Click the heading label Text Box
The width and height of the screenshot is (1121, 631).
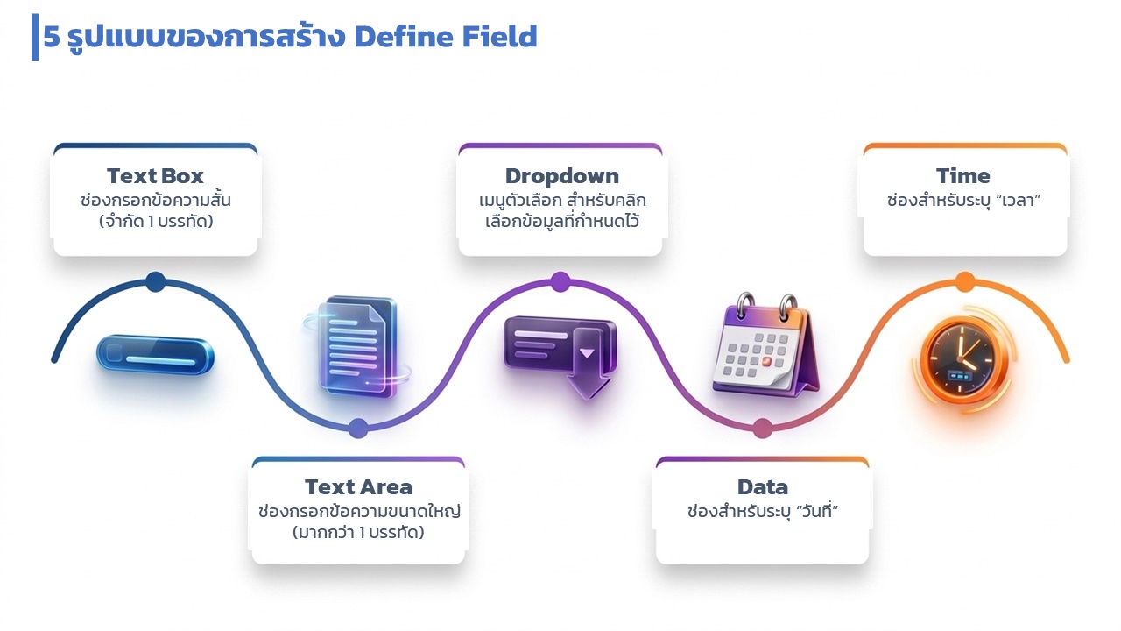(155, 176)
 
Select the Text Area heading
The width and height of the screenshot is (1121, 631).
(358, 486)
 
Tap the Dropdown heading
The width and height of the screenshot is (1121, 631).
(561, 176)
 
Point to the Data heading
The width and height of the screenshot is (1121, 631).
(762, 486)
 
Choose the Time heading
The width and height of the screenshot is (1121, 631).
(962, 176)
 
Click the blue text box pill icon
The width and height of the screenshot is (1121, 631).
(155, 355)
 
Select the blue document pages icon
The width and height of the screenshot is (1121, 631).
(358, 347)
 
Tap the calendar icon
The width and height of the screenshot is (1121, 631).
(765, 344)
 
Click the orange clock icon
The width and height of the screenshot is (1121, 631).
(961, 360)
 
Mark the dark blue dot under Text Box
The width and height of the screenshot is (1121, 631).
(156, 282)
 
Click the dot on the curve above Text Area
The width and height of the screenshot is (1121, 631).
(358, 429)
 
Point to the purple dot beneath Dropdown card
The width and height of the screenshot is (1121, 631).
(560, 282)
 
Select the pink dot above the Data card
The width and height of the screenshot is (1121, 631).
(762, 429)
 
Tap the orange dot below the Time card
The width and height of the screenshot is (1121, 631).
(965, 282)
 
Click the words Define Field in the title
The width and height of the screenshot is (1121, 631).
(446, 37)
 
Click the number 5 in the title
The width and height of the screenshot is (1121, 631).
(52, 37)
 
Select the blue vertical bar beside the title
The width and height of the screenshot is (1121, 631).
(35, 38)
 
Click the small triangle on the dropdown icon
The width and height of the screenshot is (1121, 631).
(587, 353)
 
